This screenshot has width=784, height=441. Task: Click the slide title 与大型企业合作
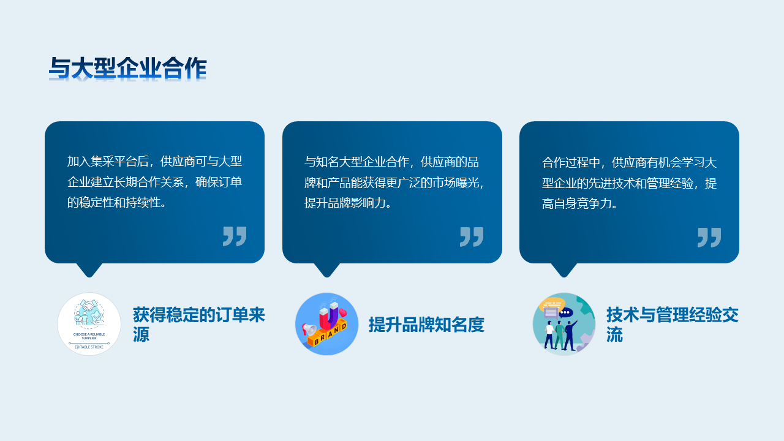pos(128,68)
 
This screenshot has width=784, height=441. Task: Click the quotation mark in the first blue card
pos(235,236)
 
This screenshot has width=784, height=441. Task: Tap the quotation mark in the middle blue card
pos(472,237)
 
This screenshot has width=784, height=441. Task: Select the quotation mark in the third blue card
pos(709,238)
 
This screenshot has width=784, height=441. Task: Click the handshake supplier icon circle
pos(89,324)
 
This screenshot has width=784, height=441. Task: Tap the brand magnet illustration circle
pos(326,324)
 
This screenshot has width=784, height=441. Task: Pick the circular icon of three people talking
pos(564,324)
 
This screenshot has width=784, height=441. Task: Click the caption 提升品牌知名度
pos(426,325)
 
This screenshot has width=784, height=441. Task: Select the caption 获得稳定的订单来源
pos(199,325)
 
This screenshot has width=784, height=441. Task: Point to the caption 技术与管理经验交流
pos(673,325)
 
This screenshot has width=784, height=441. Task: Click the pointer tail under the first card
pos(89,270)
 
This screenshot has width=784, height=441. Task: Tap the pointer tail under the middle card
pos(327,270)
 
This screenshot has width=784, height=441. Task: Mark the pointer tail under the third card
pos(564,270)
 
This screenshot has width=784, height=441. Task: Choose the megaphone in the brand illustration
pos(309,329)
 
